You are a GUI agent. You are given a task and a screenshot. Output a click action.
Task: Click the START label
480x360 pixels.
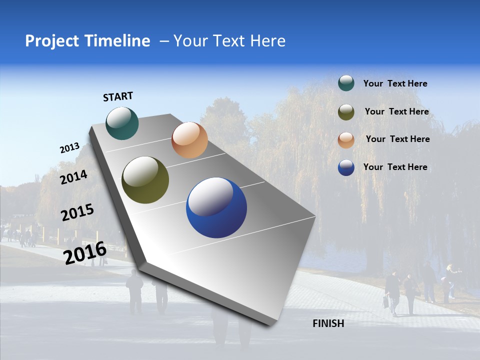click(118, 96)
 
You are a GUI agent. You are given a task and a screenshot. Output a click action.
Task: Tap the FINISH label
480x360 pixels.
click(328, 323)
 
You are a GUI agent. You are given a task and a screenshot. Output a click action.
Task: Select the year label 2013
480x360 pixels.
click(70, 148)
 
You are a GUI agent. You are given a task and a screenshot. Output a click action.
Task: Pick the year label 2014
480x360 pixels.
click(74, 177)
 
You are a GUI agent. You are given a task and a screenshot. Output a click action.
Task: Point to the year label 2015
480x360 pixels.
click(77, 212)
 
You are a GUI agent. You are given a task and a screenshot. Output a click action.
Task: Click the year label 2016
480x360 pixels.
click(85, 252)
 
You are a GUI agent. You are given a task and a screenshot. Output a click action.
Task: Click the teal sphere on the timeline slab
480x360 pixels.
click(122, 123)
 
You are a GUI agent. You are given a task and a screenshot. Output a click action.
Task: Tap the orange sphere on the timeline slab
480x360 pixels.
click(189, 140)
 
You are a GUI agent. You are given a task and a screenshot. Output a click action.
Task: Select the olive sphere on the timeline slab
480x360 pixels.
click(145, 180)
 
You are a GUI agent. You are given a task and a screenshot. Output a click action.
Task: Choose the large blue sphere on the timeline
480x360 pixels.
click(216, 207)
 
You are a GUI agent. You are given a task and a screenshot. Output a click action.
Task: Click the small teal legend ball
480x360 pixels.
click(346, 83)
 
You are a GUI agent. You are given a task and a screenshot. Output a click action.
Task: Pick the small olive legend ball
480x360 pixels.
click(346, 112)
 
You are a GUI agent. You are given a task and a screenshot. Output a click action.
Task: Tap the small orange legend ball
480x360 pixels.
click(346, 140)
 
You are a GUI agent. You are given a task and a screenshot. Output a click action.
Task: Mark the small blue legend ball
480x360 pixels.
click(346, 167)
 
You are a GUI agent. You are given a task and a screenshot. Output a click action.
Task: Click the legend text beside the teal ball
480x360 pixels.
click(395, 83)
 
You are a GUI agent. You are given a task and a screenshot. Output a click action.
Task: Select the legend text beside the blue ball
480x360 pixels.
click(395, 167)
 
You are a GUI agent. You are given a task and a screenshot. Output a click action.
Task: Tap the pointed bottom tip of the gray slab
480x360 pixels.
click(270, 324)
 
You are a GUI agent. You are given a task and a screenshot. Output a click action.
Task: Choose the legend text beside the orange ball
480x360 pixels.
click(397, 139)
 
